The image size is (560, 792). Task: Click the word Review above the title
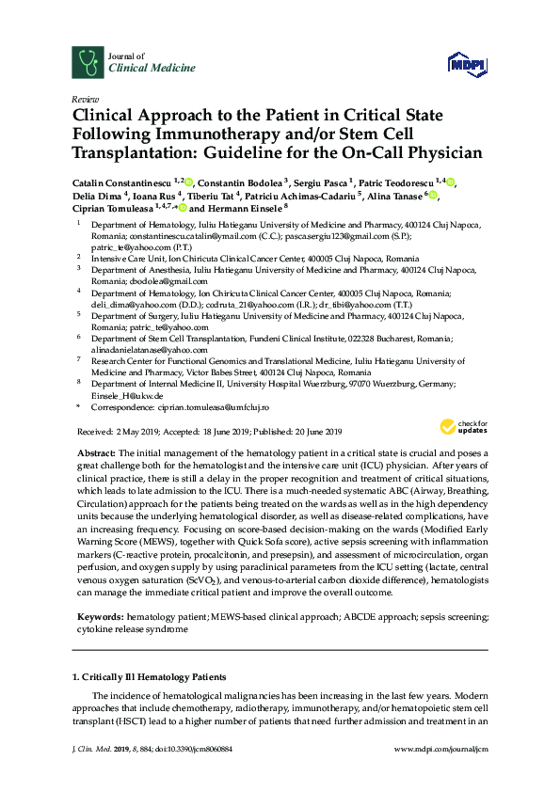point(83,97)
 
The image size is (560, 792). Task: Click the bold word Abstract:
point(97,452)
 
